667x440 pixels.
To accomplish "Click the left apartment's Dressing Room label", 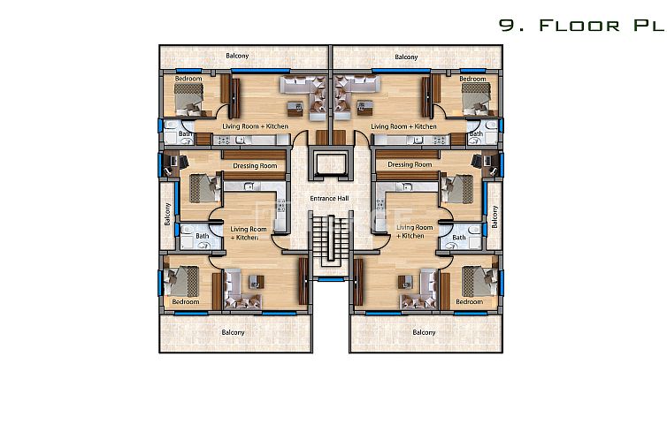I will coord(255,165).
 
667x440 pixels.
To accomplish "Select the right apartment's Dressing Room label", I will coord(410,164).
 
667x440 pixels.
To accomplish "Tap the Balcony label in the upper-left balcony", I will coord(237,57).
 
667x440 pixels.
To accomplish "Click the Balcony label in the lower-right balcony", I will coord(424,332).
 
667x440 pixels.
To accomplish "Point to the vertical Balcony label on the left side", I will coord(166,216).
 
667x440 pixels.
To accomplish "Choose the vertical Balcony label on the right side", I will coord(494,216).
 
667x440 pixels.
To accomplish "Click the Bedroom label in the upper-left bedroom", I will coord(188,79).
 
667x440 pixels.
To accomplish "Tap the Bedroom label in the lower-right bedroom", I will coord(469,302).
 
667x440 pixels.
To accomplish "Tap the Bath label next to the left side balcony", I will coord(203,236).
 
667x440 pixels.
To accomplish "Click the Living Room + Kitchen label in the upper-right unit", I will coord(403,126).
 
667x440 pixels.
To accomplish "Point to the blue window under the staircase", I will coord(331,279).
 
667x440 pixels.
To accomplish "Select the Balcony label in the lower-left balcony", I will coord(232,332).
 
